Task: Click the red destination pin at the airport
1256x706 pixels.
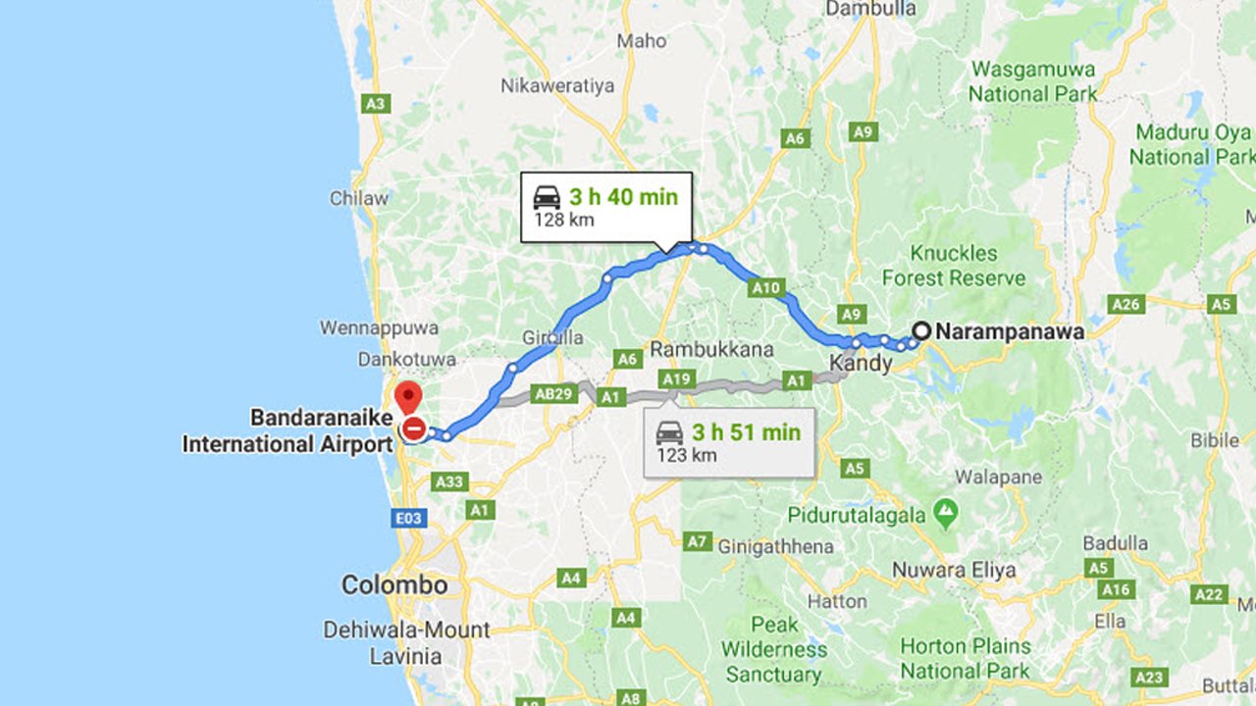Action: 407,397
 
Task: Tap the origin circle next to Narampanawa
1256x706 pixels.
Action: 921,331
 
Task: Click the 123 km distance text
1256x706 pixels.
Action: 687,455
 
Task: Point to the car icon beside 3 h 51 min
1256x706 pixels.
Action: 669,431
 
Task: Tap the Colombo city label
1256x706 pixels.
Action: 394,585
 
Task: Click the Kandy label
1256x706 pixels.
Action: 861,364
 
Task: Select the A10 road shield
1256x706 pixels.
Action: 765,287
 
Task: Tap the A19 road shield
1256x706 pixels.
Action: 676,378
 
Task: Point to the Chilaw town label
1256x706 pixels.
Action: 359,198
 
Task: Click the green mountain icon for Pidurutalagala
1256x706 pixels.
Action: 945,510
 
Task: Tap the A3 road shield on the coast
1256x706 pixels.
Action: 375,103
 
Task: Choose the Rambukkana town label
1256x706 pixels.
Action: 711,349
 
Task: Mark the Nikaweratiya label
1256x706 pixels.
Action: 557,85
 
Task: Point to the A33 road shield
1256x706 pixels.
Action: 450,481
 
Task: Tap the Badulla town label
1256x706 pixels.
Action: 1115,543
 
